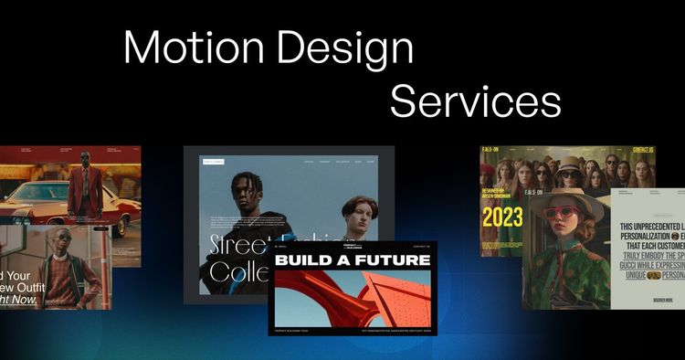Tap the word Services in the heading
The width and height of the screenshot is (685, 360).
click(475, 101)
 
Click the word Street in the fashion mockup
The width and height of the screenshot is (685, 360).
click(238, 245)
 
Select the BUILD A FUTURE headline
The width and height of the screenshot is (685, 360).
click(353, 260)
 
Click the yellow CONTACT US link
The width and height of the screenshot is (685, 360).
click(643, 150)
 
